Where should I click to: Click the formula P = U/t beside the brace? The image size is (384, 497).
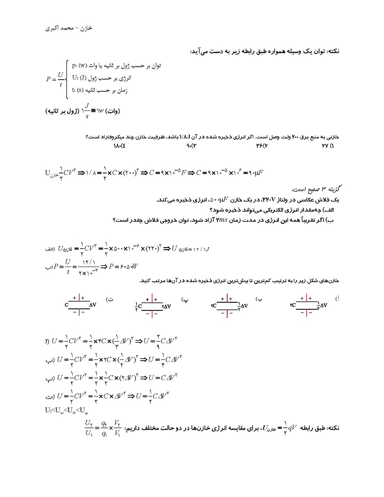[55, 79]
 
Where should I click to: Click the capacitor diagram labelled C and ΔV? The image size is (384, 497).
[80, 306]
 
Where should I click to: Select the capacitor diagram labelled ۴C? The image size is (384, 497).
[308, 306]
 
